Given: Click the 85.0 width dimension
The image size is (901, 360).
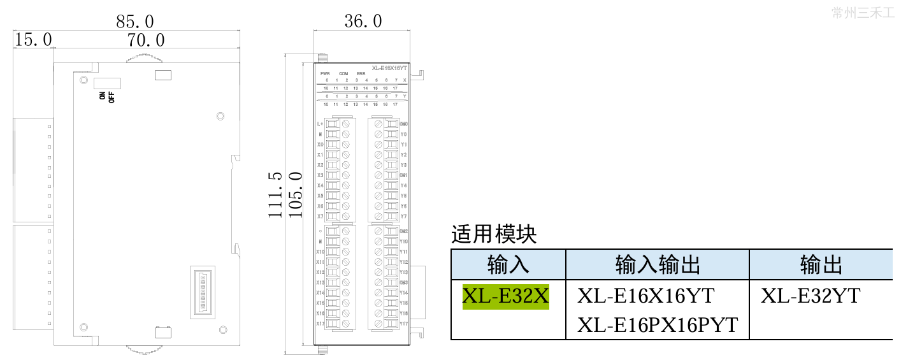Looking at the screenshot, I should coord(135,22).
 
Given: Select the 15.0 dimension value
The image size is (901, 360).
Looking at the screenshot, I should coord(33,40).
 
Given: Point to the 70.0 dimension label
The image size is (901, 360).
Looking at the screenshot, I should coord(146,40).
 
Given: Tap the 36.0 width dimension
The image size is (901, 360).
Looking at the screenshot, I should coord(363,22).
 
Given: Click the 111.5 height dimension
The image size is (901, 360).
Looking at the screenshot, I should coord(275,194).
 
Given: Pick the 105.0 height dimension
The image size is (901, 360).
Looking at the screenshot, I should coord(295,194).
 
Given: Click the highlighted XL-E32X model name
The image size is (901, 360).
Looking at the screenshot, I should coord(505,296).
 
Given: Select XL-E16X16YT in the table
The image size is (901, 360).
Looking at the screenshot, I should coord(645,296).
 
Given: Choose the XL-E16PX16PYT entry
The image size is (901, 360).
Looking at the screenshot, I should coord(657,325).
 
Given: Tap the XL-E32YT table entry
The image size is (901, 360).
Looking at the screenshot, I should coord(811,296).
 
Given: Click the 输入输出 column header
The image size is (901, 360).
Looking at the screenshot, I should coord(658,264).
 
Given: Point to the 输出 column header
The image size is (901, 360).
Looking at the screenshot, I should coord(821,264).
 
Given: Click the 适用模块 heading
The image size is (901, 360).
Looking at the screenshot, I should coord(494,235).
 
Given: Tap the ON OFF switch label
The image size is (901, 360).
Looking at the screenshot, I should coord(106,97).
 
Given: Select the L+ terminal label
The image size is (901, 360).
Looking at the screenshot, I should coord(320,124).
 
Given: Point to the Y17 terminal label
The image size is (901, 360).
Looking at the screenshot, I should coord(403,324).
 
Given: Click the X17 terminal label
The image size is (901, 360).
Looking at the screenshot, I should coord(320,324).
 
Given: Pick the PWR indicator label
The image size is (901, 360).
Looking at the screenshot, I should coord(325,73).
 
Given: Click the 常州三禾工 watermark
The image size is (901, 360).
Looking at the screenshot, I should coord(863,12).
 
